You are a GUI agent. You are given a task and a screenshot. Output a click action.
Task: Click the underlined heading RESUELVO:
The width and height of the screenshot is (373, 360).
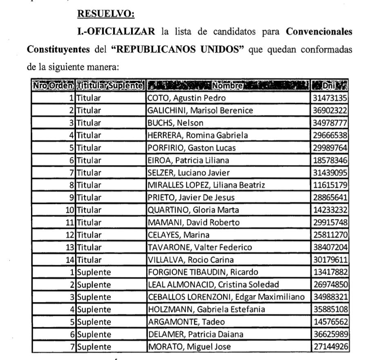pyautogui.click(x=106, y=13)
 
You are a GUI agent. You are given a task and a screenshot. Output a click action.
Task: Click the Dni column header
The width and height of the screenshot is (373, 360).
pyautogui.click(x=329, y=86)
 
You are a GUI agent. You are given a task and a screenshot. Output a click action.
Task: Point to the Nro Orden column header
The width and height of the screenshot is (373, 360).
pyautogui.click(x=54, y=86)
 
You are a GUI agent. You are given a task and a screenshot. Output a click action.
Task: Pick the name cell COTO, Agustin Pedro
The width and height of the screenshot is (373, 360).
pyautogui.click(x=186, y=98)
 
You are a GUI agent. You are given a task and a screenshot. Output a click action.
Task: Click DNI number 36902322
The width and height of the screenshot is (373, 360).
pyautogui.click(x=330, y=110)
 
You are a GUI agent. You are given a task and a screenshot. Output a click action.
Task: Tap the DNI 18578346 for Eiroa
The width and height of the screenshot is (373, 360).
pyautogui.click(x=330, y=160)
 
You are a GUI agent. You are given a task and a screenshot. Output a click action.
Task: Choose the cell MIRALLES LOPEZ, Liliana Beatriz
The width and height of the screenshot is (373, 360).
pyautogui.click(x=206, y=185)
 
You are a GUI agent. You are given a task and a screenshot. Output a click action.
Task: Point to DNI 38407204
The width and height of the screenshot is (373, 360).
pyautogui.click(x=330, y=247)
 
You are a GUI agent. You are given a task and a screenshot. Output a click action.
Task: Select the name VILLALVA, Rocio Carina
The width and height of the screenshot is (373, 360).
pyautogui.click(x=191, y=260)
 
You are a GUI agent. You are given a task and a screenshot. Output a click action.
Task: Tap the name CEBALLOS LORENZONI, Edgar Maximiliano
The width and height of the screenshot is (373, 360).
pyautogui.click(x=226, y=297)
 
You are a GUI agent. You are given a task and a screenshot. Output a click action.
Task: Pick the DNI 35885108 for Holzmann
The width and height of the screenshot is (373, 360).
pyautogui.click(x=330, y=309)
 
